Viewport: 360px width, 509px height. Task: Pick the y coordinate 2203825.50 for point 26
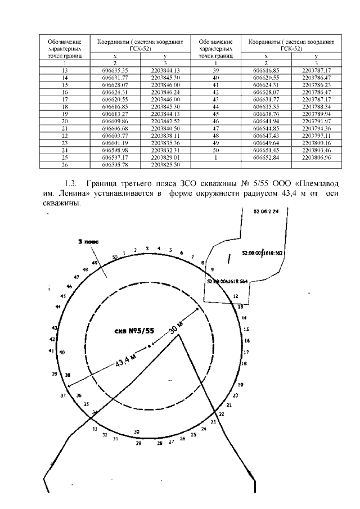[x=165, y=165]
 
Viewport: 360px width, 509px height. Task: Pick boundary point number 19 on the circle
[x=241, y=385]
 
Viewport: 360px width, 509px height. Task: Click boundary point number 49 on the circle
[x=95, y=263]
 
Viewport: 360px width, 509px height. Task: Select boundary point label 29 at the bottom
[x=138, y=444]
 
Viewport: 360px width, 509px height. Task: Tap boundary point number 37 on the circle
[x=63, y=395]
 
